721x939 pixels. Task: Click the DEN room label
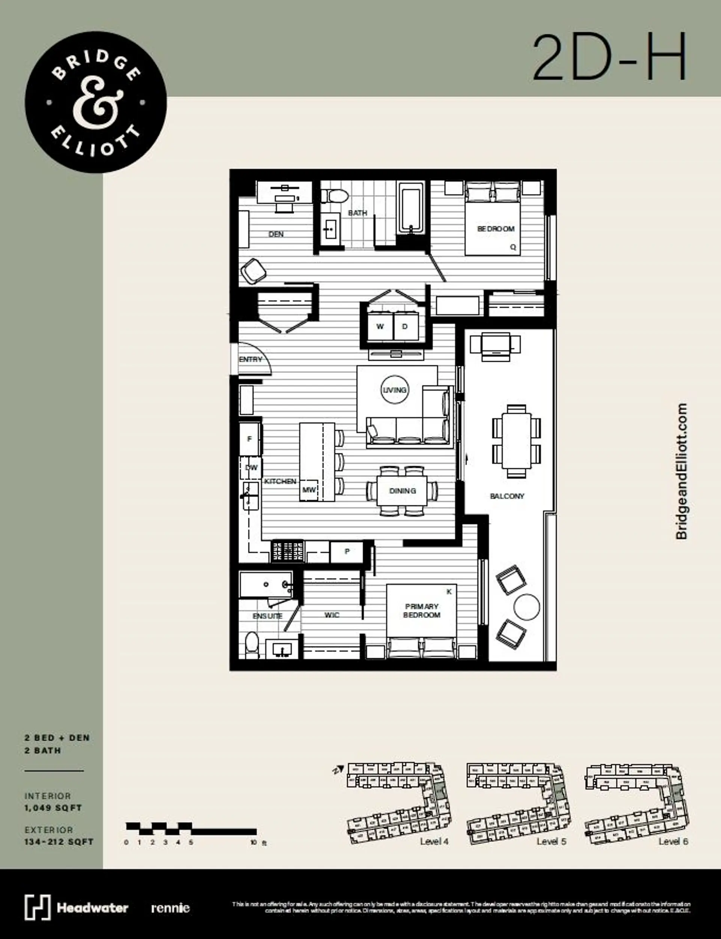276,234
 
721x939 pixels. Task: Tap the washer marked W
380,327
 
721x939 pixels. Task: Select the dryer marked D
405,327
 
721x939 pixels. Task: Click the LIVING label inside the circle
394,390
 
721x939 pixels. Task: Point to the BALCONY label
507,496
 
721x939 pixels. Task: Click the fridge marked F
249,439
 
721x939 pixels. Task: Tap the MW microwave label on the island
309,490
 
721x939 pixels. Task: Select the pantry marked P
347,552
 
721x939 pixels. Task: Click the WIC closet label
332,615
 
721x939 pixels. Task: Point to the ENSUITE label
267,616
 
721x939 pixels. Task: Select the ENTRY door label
250,359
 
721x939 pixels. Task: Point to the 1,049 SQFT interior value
53,807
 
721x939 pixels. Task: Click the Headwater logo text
92,908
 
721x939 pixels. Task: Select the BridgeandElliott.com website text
681,471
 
